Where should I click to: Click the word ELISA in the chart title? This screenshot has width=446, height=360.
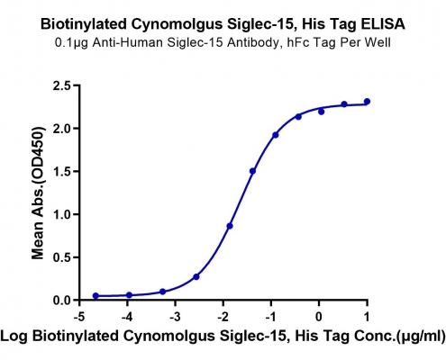(383, 24)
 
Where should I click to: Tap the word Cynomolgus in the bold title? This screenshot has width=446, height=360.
(177, 25)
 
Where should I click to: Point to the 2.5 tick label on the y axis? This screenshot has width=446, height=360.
(61, 85)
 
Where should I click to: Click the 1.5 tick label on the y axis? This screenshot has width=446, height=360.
(61, 172)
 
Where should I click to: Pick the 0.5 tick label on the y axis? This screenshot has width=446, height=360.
(61, 257)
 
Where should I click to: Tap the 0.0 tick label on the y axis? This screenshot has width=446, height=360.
(61, 301)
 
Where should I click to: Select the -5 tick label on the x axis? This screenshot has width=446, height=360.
(79, 317)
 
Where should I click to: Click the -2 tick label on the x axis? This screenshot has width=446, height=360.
(223, 317)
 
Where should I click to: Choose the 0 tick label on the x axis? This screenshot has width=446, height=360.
(319, 317)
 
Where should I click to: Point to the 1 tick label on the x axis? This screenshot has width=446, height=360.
(367, 317)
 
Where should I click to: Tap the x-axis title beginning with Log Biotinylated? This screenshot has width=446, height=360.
(223, 337)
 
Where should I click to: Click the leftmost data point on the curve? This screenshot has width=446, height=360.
(96, 296)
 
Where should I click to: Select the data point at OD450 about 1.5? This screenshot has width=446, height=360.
(252, 171)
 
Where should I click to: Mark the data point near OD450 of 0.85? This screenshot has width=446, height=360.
(230, 226)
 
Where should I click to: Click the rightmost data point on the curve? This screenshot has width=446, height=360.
(367, 102)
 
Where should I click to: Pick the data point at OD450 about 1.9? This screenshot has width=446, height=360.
(276, 135)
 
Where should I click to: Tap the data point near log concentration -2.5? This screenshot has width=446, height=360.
(196, 276)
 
